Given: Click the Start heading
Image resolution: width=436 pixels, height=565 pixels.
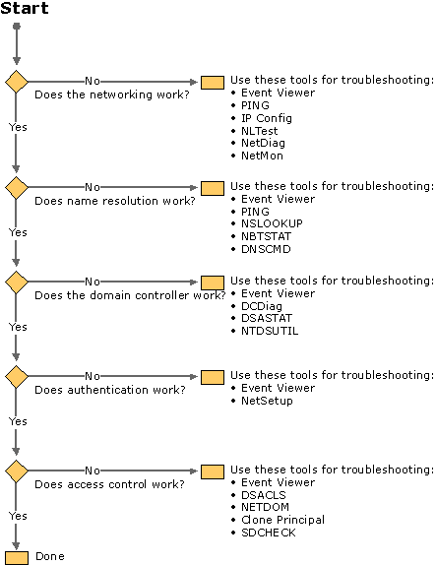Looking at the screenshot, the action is [25, 8].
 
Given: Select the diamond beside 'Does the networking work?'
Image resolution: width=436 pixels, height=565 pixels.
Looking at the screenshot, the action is [16, 82].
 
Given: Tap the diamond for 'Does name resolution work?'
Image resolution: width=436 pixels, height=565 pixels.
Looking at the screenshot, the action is [16, 187].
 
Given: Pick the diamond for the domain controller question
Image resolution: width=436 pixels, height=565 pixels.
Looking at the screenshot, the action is [16, 282].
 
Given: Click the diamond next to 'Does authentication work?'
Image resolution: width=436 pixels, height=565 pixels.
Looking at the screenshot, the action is [16, 377].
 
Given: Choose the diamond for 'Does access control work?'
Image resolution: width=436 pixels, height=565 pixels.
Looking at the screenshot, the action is [16, 471].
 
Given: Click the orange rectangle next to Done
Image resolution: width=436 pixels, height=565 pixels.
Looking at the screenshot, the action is [17, 558].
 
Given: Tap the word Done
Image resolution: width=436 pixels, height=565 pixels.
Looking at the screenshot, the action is [50, 556].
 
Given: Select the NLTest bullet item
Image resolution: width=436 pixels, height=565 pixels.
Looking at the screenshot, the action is [260, 131].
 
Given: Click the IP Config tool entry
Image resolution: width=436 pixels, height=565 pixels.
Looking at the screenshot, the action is [267, 118].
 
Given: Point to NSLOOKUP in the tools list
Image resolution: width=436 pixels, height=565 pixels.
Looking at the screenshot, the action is [272, 223].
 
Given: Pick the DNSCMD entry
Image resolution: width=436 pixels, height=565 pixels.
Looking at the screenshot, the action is [266, 249].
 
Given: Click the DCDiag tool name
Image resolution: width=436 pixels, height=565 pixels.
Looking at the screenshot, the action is [262, 306].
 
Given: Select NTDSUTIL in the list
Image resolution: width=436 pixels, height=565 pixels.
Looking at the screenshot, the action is [270, 331].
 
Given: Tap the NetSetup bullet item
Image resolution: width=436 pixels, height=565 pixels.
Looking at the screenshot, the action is [267, 401].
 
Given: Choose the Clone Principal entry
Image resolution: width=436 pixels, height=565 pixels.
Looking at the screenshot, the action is [282, 520].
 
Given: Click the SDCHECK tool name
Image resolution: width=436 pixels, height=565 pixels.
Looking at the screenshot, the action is [269, 533].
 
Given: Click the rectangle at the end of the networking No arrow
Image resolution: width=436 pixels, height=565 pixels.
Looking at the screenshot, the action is [213, 83].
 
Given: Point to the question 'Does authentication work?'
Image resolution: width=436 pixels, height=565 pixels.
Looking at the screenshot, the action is [110, 390].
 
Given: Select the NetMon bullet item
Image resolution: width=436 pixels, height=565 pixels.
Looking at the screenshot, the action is [263, 156].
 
